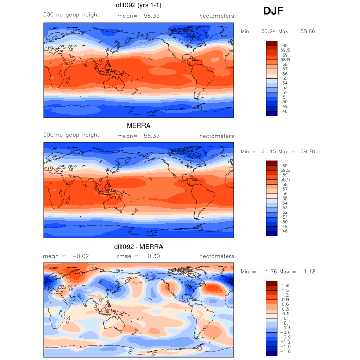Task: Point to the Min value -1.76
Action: pos(263,272)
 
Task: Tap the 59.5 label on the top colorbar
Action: pos(287,50)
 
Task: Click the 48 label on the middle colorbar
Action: pos(284,232)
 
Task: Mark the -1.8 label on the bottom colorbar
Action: pos(286,352)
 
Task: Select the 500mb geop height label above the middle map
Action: pos(71,135)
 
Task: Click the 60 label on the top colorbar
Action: pos(284,45)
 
